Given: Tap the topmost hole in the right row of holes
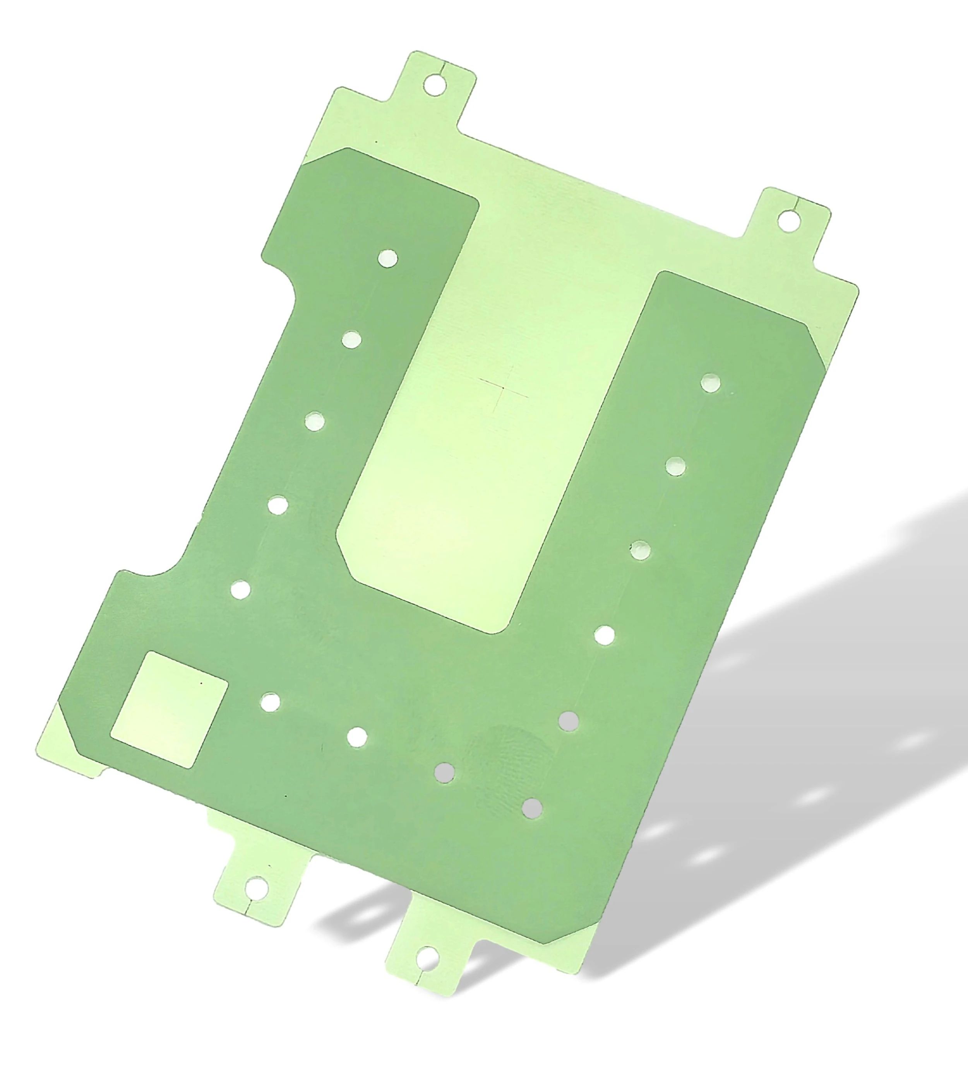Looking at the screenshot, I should click(x=711, y=383).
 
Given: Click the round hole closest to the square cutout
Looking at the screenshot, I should click(x=271, y=702).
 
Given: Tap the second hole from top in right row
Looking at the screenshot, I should click(x=676, y=466).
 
